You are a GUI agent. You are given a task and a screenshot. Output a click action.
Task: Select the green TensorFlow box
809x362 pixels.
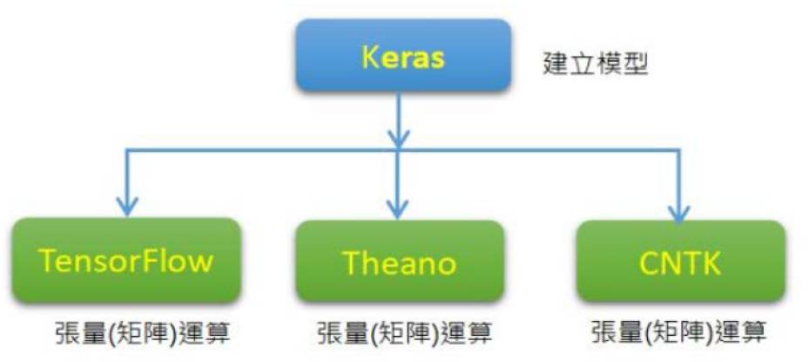[x=125, y=259]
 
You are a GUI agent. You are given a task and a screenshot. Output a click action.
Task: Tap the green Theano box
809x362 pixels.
[x=400, y=261]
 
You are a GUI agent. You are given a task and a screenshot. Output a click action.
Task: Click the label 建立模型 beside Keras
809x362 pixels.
[x=595, y=65]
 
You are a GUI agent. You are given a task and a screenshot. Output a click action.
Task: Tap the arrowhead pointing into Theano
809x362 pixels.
[x=399, y=208]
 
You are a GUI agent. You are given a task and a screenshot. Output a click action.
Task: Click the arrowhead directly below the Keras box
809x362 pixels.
[x=399, y=138]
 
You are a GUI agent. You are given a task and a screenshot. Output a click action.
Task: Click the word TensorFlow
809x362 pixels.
[x=125, y=260]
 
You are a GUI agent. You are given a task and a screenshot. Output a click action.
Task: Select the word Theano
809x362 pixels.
[x=400, y=262]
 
